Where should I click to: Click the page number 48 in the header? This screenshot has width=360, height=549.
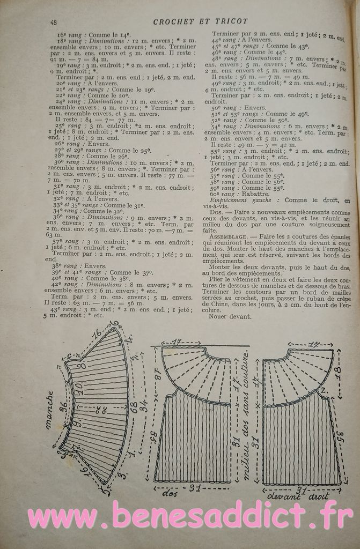[54, 22]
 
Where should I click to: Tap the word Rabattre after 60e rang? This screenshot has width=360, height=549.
[257, 194]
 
